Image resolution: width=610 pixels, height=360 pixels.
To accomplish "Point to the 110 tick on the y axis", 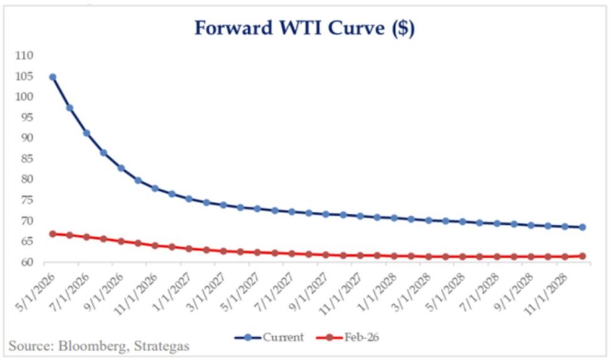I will click(24, 55).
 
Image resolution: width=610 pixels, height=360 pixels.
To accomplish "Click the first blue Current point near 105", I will click(52, 77).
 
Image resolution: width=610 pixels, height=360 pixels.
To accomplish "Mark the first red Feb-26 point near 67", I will click(52, 234).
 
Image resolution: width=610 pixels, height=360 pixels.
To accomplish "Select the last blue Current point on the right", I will click(582, 227).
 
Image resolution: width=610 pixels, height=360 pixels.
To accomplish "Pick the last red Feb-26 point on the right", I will click(582, 256).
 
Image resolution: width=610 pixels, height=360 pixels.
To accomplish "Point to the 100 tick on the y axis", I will click(24, 97).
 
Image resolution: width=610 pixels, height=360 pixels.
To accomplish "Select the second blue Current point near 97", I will click(70, 108).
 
